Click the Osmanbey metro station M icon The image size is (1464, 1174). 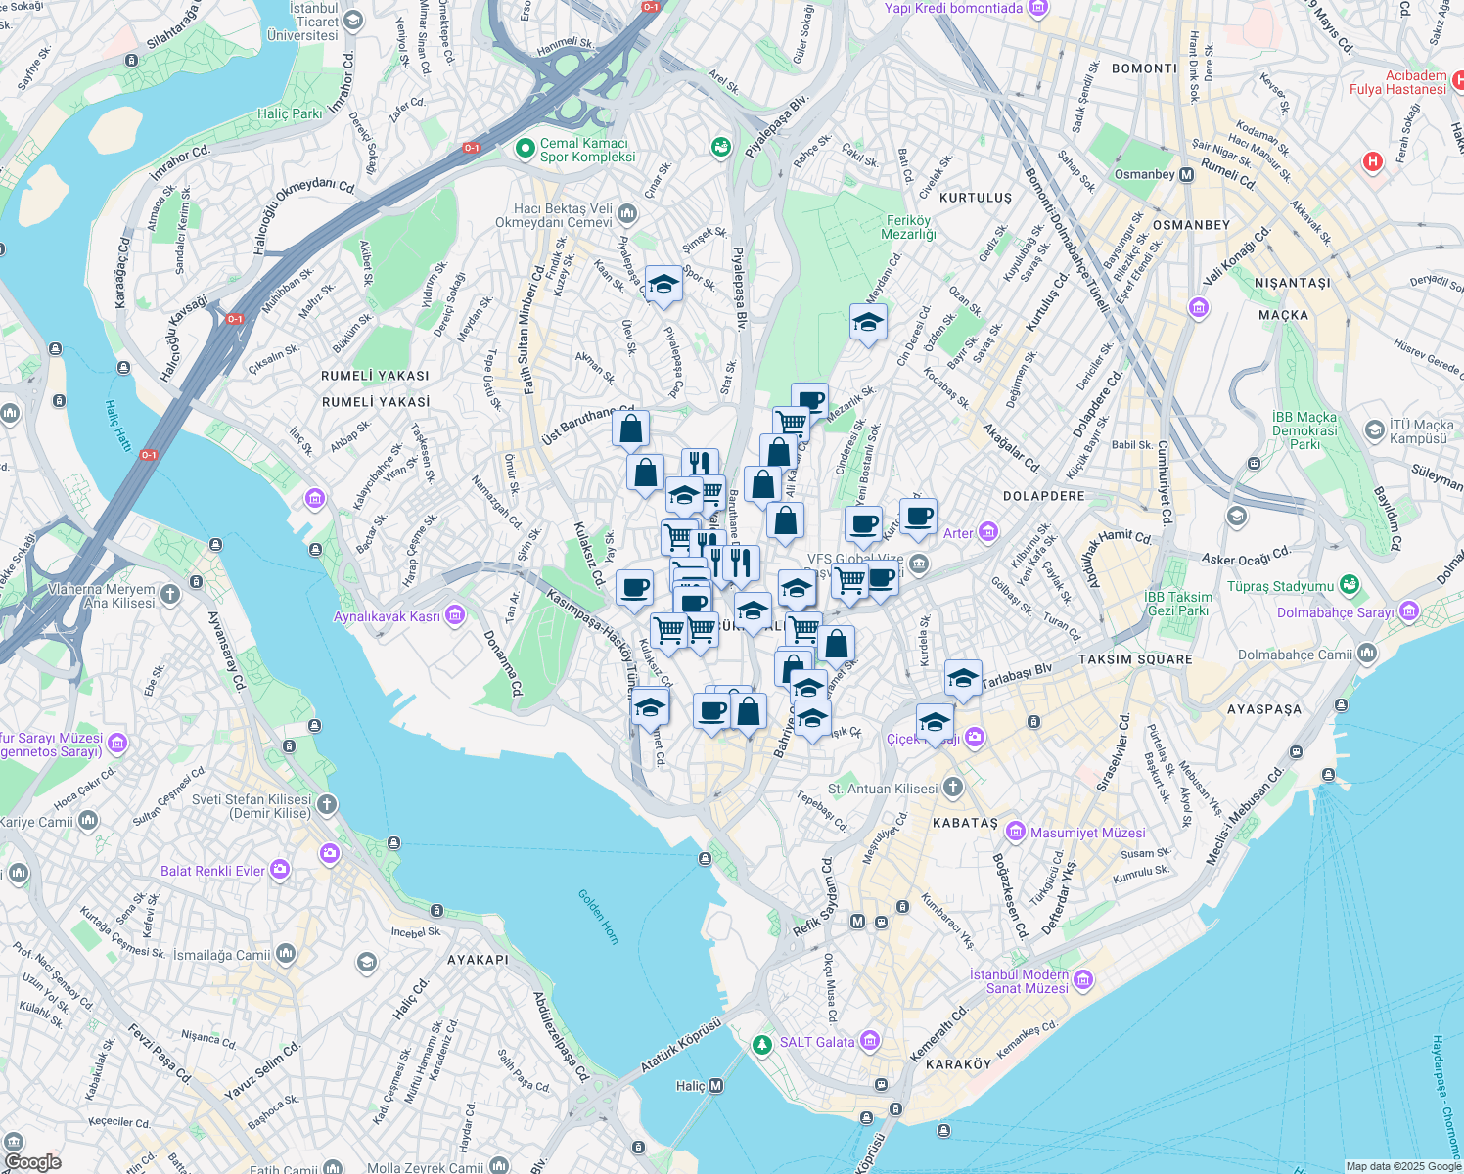[1187, 175]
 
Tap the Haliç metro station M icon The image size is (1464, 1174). [716, 1086]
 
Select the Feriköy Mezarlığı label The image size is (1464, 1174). [909, 227]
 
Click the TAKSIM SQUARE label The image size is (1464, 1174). [1135, 659]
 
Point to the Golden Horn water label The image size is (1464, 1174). [598, 916]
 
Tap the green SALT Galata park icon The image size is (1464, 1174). [762, 1044]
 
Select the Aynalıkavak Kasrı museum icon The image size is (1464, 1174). [454, 615]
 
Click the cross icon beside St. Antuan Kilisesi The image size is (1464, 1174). [953, 788]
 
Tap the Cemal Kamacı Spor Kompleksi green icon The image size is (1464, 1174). [525, 149]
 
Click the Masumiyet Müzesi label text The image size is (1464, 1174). [1087, 833]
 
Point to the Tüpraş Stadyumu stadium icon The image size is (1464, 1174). [1350, 585]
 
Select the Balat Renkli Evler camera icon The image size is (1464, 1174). [281, 869]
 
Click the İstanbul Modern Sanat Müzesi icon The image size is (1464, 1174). [1083, 980]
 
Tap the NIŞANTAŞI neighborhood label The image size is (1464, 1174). [1292, 283]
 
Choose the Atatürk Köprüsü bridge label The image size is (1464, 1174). [681, 1044]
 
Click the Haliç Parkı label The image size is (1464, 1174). [290, 113]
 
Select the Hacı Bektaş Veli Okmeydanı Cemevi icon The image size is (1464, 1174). [627, 213]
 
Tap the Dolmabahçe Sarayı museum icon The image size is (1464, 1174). [1409, 612]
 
